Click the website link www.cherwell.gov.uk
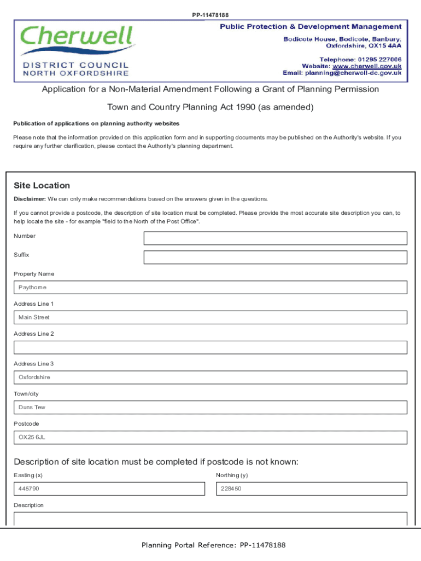click(x=367, y=66)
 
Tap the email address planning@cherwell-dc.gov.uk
click(x=353, y=73)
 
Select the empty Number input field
click(x=275, y=238)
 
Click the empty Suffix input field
click(x=275, y=257)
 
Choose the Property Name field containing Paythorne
click(x=210, y=288)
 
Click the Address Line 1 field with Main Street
click(x=210, y=318)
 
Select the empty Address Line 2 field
click(x=210, y=347)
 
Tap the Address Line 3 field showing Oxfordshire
click(x=210, y=377)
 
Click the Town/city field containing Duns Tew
click(x=210, y=408)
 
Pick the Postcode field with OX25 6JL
click(x=210, y=438)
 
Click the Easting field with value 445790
click(x=109, y=489)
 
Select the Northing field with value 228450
click(x=312, y=489)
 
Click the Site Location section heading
click(x=42, y=186)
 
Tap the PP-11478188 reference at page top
click(x=210, y=15)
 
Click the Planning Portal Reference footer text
click(x=213, y=545)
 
